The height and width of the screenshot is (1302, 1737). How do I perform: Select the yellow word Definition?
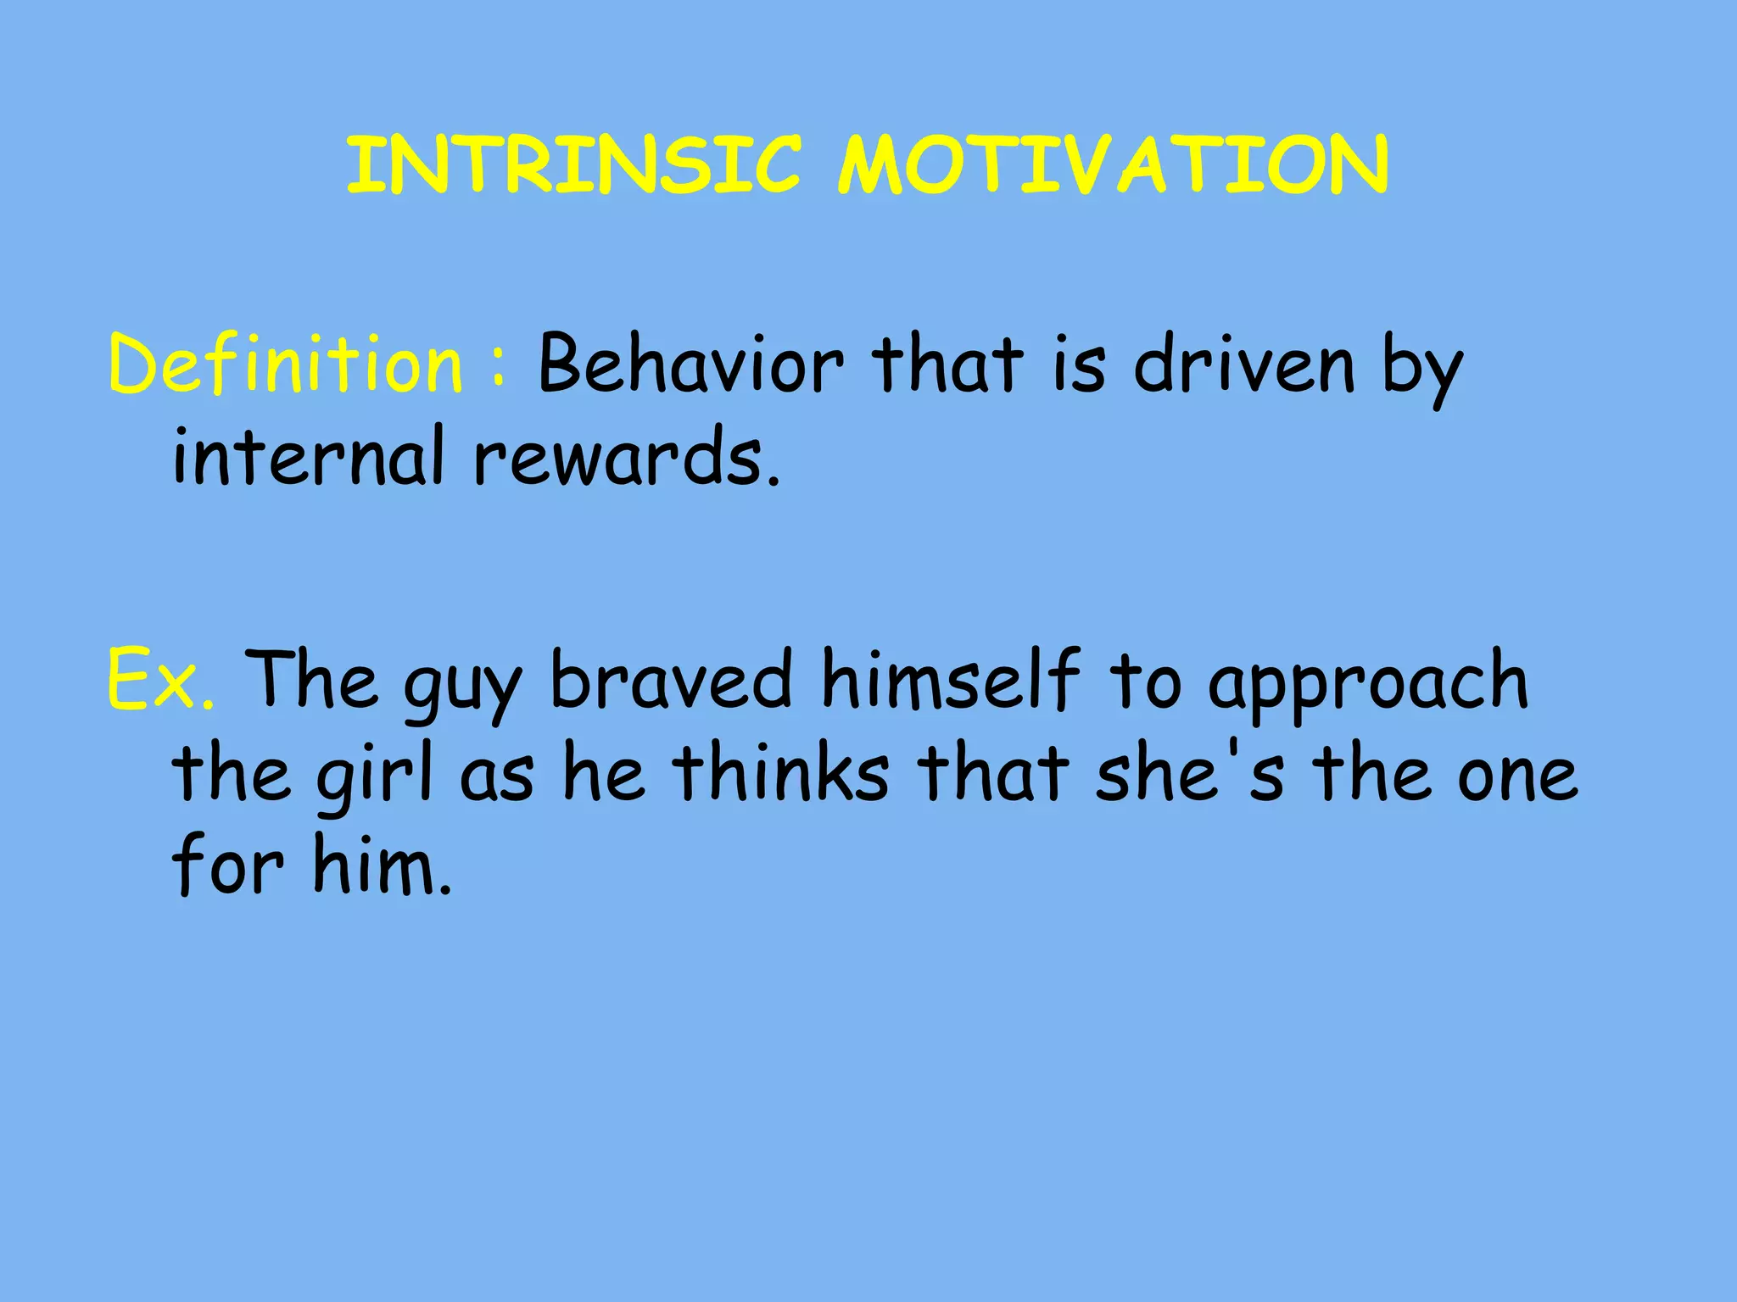pyautogui.click(x=286, y=364)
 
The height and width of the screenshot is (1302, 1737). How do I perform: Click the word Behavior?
pyautogui.click(x=690, y=364)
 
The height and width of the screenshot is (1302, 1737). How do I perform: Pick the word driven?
pyautogui.click(x=1243, y=364)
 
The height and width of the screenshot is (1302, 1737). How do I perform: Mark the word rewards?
pyautogui.click(x=626, y=458)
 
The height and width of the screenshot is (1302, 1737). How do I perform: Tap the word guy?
pyautogui.click(x=462, y=685)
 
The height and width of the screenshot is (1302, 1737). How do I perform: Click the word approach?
pyautogui.click(x=1367, y=685)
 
